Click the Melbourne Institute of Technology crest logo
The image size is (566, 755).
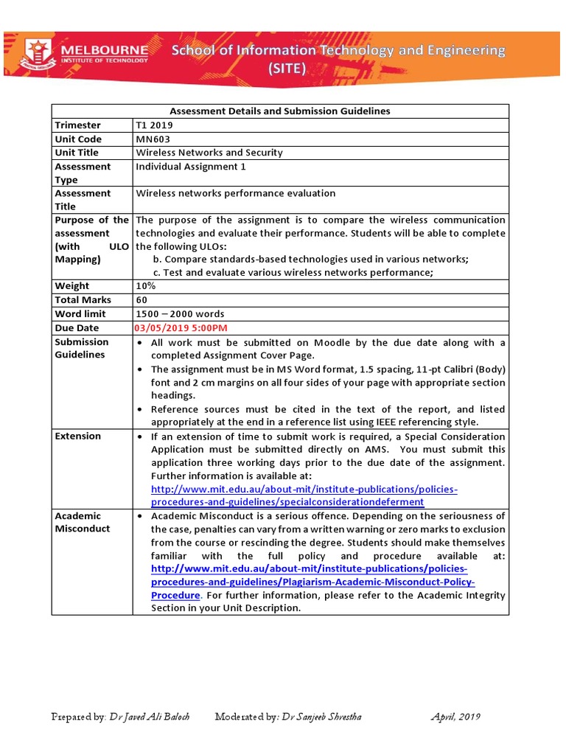(39, 54)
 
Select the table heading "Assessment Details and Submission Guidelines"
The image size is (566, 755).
(280, 111)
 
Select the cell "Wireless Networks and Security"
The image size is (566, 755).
(209, 153)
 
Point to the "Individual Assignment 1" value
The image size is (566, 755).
(191, 167)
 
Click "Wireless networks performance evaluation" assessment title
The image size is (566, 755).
(236, 193)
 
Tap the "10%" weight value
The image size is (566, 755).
(145, 286)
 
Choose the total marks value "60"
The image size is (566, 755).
(142, 300)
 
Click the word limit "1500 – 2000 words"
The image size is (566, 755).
(181, 314)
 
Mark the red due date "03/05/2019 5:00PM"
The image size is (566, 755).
(181, 328)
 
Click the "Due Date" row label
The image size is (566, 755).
(77, 328)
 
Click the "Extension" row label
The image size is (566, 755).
(78, 436)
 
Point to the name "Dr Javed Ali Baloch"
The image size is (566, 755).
(150, 717)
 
